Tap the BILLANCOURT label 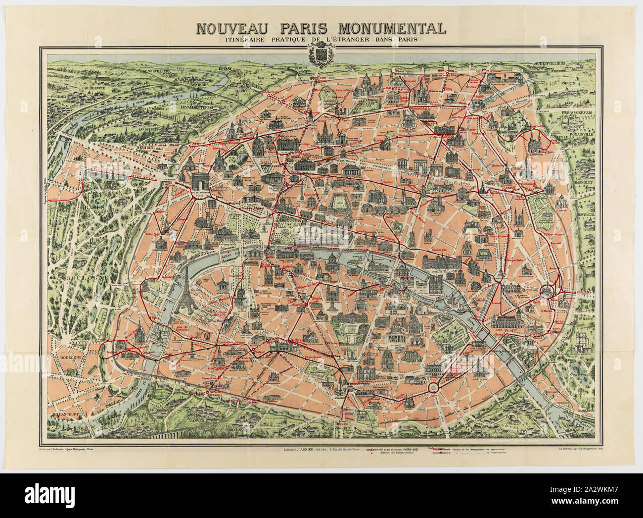[x=67, y=403]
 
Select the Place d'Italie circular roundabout [x=433, y=386]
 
